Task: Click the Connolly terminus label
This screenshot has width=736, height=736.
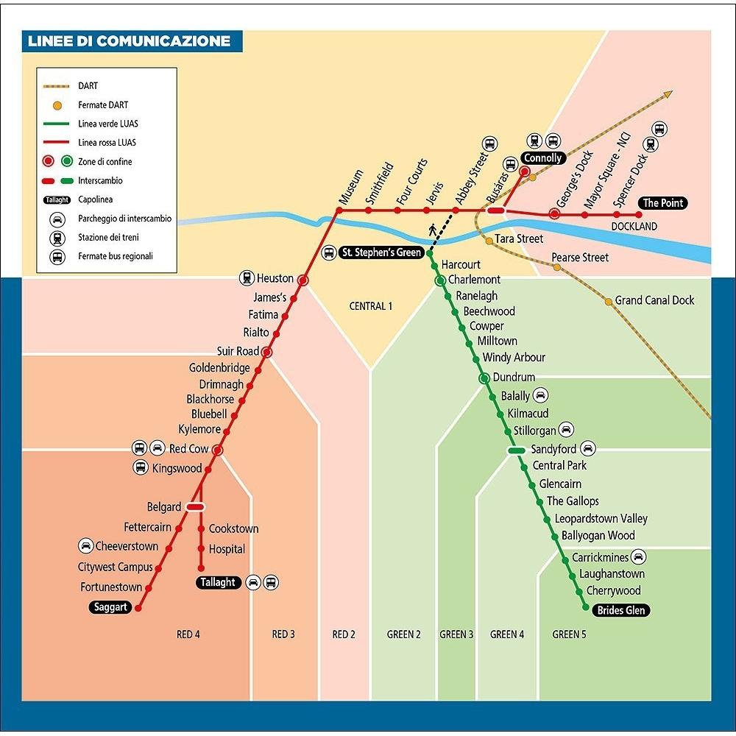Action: point(542,158)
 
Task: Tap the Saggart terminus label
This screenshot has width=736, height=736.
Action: point(110,607)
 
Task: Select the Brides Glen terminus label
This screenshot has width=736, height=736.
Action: point(621,610)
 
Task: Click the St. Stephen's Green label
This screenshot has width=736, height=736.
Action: point(381,252)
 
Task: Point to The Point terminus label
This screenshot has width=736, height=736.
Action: point(662,203)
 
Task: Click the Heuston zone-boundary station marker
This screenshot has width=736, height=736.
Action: point(302,280)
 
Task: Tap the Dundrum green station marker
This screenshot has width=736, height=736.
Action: point(484,378)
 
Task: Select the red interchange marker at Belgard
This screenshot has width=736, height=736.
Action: point(195,507)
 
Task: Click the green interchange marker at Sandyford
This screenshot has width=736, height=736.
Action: point(517,450)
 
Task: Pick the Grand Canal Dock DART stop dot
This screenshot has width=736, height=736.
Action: point(609,301)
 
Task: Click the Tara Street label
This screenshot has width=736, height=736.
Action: point(519,239)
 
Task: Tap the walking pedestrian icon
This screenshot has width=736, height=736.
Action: point(432,230)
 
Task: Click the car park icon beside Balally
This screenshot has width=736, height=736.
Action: point(540,395)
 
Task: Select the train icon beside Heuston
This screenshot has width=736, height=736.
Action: point(247,278)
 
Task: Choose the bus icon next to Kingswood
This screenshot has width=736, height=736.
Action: point(141,467)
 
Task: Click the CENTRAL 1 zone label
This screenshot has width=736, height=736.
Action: point(371,306)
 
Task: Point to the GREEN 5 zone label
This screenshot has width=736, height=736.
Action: point(569,634)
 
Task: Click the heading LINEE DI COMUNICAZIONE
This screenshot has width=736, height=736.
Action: point(129,40)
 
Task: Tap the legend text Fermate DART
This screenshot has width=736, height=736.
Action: point(103,105)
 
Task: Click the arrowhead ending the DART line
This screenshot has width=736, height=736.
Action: point(668,94)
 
